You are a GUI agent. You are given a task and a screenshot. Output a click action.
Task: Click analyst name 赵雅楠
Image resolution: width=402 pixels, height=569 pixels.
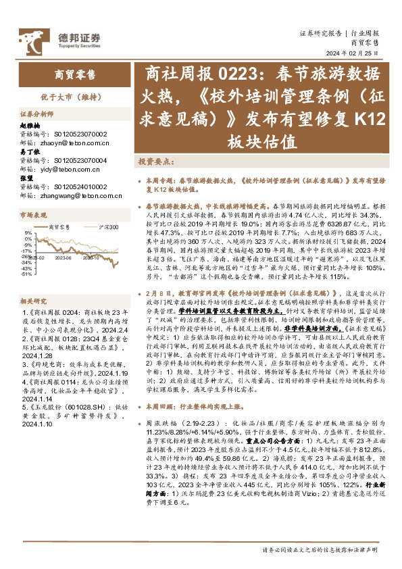click(x=30, y=126)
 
